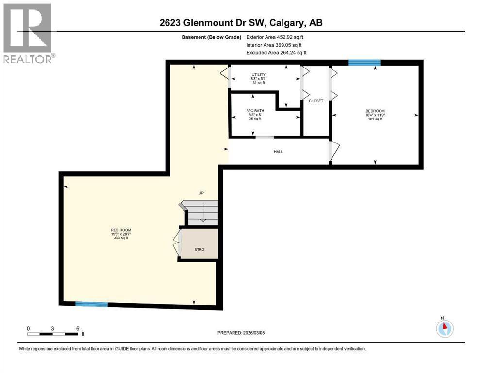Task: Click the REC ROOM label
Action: pos(120,230)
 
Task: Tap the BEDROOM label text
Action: pos(375,111)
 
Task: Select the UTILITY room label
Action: pos(258,74)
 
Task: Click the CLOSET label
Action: pos(316,101)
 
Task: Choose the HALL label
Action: pos(278,152)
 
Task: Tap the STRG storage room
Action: pos(199,249)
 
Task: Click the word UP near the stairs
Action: pos(201,193)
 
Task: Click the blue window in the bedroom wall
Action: pos(364,62)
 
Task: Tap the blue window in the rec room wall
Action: pos(91,305)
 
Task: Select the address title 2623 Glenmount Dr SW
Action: pos(241,23)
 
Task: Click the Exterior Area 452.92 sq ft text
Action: pos(277,37)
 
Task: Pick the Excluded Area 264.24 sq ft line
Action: pos(277,53)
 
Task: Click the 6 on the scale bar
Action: pos(78,328)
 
